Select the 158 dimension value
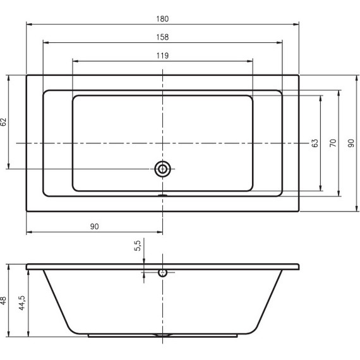click(x=163, y=37)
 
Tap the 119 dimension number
click(x=162, y=56)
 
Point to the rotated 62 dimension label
click(x=4, y=122)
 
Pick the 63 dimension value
click(x=315, y=143)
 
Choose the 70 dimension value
click(x=333, y=143)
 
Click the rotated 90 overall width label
click(x=351, y=143)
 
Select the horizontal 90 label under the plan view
click(x=95, y=225)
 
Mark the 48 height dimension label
click(x=4, y=301)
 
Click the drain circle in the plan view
click(x=163, y=169)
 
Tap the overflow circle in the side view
click(x=163, y=273)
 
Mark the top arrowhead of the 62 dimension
click(x=8, y=78)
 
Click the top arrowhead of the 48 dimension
click(x=8, y=266)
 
